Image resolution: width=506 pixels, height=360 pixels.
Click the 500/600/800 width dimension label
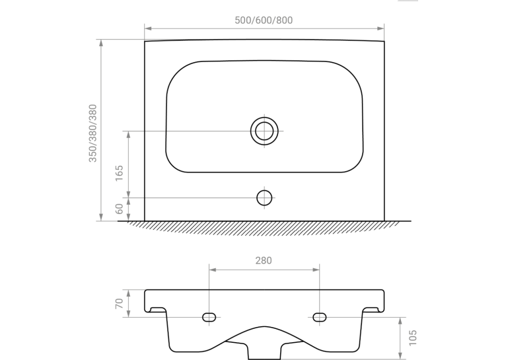click(264, 20)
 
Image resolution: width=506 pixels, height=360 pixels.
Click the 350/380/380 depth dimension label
click(92, 133)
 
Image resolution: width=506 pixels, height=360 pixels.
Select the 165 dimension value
click(119, 173)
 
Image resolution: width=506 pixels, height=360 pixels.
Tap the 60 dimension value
click(119, 209)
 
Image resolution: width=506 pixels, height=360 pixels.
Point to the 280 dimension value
click(264, 260)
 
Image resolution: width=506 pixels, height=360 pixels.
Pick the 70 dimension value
click(119, 304)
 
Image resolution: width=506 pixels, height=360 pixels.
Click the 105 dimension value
click(413, 338)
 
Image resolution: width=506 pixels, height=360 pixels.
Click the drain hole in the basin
click(264, 131)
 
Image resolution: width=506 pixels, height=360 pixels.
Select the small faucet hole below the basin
click(264, 198)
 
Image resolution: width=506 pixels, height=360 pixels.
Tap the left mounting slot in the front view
click(209, 317)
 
